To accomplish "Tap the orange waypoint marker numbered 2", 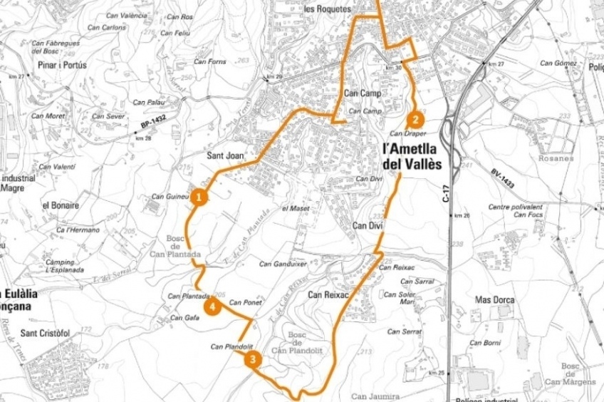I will (x=415, y=120).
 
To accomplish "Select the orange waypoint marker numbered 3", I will (x=251, y=360).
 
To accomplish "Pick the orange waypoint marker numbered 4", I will (x=212, y=306).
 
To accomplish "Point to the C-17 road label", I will (x=446, y=193).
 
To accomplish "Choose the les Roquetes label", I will (x=327, y=9).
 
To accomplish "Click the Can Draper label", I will (x=407, y=133).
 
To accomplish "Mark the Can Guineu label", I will (x=169, y=197).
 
